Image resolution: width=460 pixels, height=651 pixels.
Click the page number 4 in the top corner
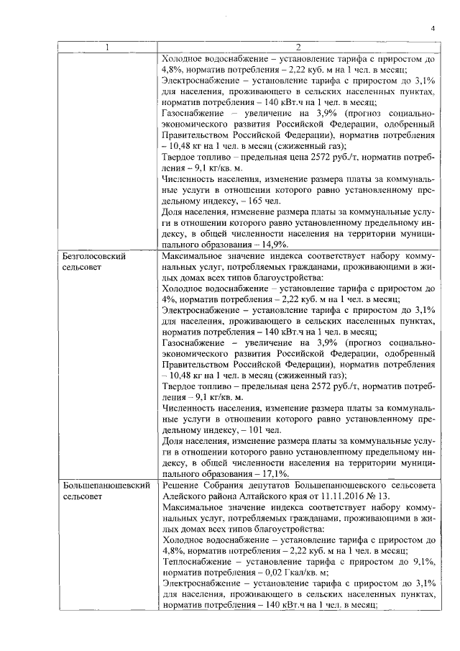pos(433,28)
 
